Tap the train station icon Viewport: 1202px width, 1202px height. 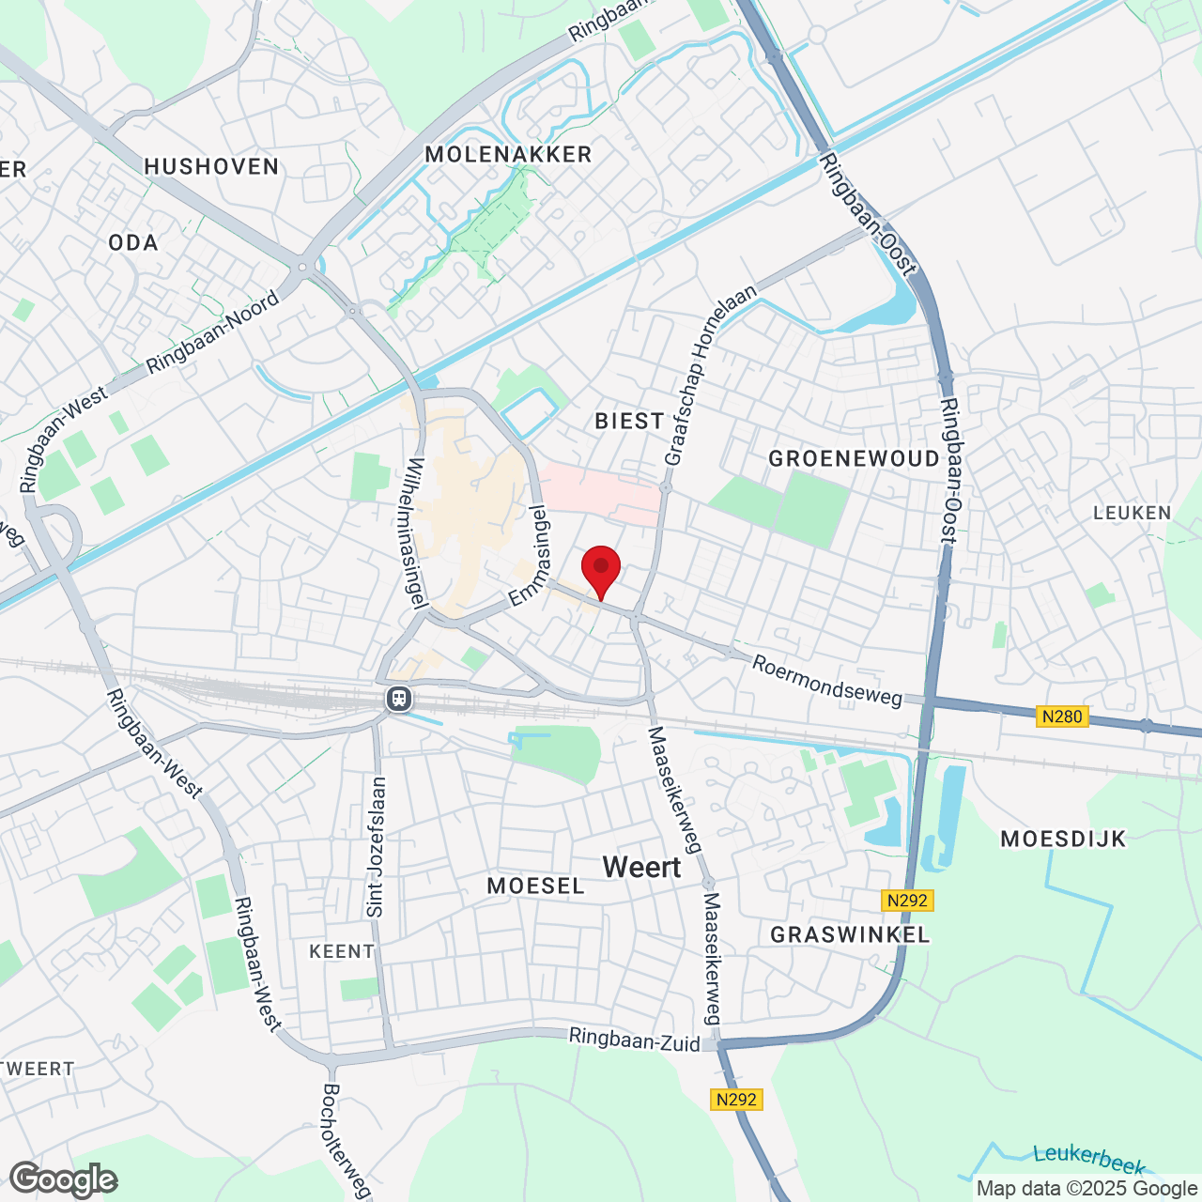(399, 699)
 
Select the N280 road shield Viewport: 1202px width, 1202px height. (1062, 717)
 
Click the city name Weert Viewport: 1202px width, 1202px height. (642, 868)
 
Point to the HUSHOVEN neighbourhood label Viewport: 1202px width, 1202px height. (212, 167)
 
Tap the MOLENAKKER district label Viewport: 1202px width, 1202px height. (508, 155)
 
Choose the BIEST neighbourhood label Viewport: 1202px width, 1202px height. (629, 421)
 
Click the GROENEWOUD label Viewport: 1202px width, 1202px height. (854, 458)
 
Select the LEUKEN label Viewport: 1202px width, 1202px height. (1133, 513)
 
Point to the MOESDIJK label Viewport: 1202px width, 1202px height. (1063, 840)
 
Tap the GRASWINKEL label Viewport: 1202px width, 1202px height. (850, 934)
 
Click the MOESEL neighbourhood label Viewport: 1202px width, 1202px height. (536, 886)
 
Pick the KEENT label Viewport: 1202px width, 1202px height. (342, 951)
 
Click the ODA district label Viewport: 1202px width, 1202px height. (133, 243)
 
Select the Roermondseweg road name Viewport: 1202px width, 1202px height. (827, 681)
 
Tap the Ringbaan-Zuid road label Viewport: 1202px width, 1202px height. (635, 1039)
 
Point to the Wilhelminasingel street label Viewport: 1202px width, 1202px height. (419, 532)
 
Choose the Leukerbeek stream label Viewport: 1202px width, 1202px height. (1088, 1159)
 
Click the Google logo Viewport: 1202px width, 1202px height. (63, 1179)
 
